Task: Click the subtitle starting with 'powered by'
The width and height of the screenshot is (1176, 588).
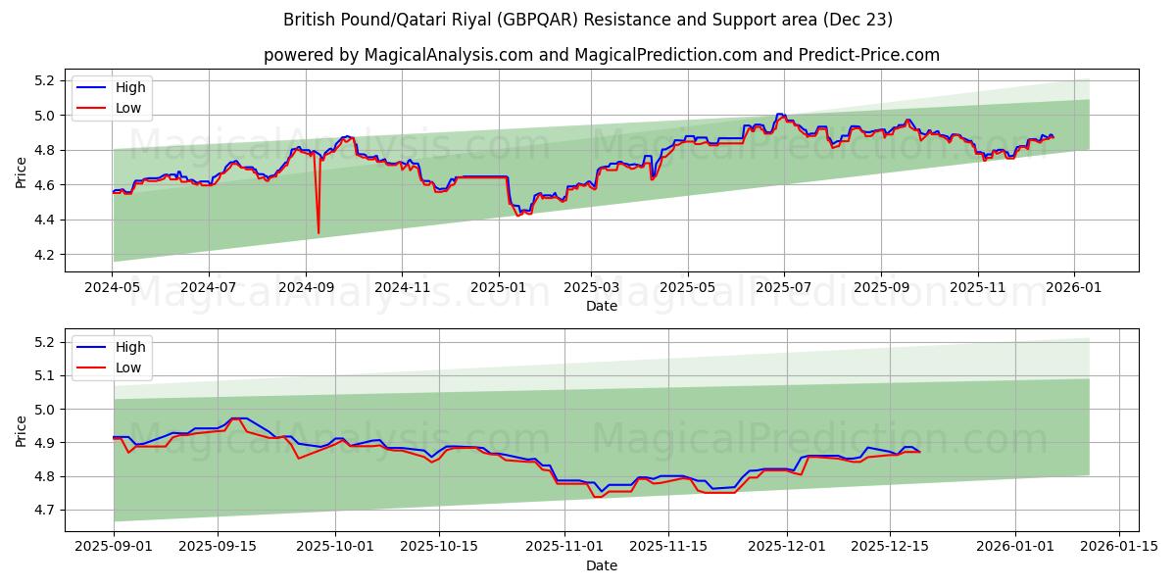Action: pos(601,55)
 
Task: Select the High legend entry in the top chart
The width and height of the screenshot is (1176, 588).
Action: pos(129,87)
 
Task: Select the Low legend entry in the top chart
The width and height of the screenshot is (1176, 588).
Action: pos(128,108)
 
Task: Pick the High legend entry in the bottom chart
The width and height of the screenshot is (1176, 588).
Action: pos(129,347)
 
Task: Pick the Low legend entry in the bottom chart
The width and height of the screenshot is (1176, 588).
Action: pos(128,367)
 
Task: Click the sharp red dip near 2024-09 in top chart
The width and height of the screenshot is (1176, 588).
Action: pos(318,232)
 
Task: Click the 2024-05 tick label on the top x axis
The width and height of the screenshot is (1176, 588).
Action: pos(113,288)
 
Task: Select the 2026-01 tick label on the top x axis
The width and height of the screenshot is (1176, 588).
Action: pos(1074,288)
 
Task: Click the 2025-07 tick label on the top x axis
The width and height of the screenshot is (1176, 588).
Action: pos(784,288)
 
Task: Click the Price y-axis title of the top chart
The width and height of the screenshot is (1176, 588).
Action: pos(22,171)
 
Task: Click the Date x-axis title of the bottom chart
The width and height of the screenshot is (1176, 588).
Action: pos(601,565)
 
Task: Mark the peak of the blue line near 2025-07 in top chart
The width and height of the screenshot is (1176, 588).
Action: pos(780,115)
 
